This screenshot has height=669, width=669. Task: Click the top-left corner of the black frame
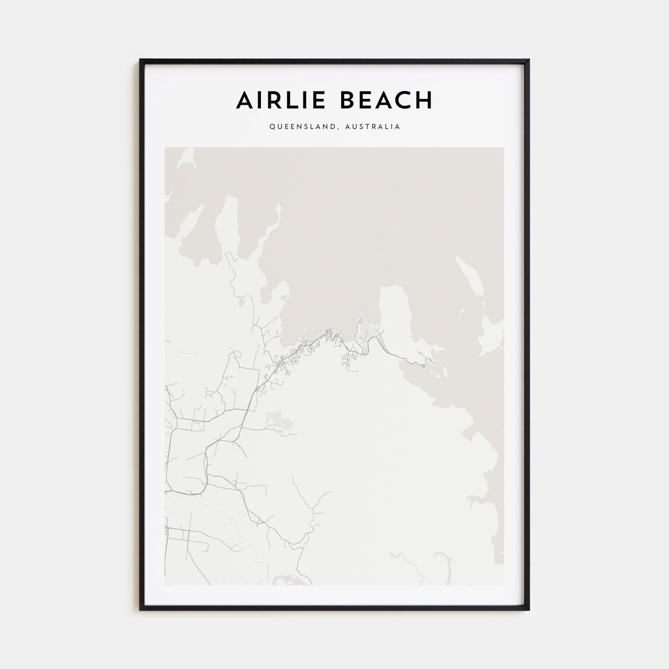coord(140,60)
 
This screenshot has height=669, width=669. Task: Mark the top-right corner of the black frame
coord(529,60)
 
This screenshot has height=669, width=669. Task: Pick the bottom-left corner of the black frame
coord(140,610)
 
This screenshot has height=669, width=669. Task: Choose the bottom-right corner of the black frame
coord(529,610)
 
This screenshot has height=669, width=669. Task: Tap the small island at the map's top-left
coord(187,158)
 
